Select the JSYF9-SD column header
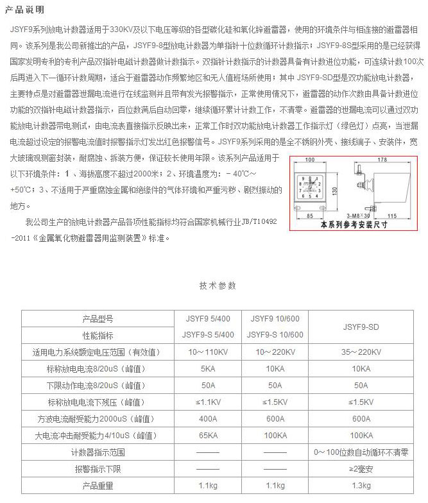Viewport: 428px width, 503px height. coord(361,327)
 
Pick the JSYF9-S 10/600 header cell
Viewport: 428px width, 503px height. coord(275,335)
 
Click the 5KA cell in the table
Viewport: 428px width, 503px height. coord(207,369)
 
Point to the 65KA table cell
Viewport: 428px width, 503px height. coord(207,436)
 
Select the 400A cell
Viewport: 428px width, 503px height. coord(207,419)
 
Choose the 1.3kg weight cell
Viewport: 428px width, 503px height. coord(361,486)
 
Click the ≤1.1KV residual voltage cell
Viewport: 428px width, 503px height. coord(207,402)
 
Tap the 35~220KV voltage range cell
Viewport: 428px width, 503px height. coord(361,352)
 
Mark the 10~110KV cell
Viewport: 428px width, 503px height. coord(207,352)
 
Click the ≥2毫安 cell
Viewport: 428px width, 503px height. coord(361,469)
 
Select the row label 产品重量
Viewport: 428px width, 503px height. coord(97,486)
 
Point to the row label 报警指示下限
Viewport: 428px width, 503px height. coord(97,469)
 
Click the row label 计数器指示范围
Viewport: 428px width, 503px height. coord(97,452)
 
